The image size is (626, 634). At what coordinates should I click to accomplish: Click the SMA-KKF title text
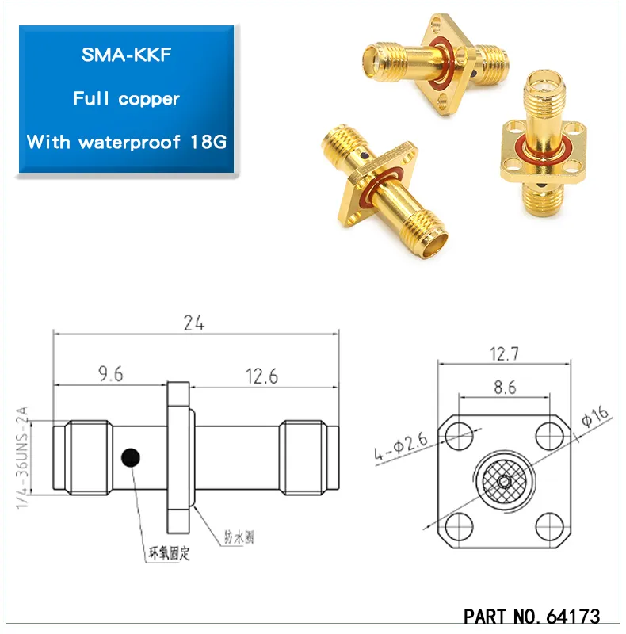[126, 56]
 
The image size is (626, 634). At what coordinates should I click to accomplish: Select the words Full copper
[126, 99]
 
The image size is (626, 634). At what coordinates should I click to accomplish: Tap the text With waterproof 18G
[126, 142]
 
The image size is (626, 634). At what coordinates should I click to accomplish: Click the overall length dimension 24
[195, 323]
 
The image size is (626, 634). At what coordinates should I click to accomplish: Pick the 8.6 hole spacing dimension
[504, 388]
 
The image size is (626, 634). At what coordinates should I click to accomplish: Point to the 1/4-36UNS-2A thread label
[23, 458]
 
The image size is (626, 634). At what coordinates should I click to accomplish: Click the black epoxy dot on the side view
[129, 457]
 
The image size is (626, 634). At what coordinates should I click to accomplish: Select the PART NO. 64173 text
[531, 616]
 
